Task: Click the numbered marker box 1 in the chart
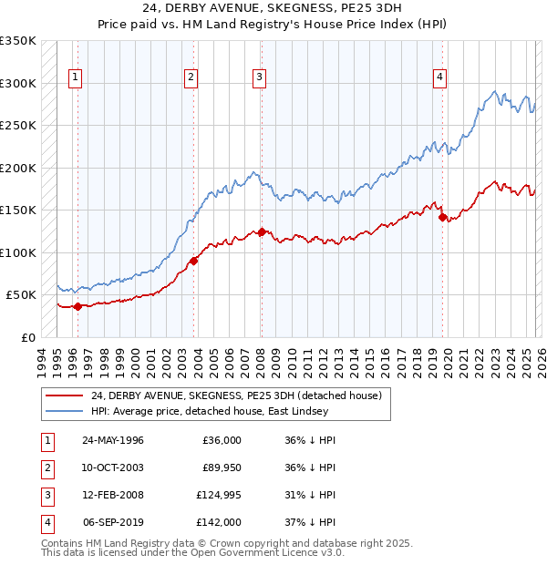pyautogui.click(x=74, y=77)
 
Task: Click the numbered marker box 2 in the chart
pyautogui.click(x=191, y=77)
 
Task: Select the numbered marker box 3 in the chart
pyautogui.click(x=260, y=77)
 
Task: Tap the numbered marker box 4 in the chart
pyautogui.click(x=439, y=77)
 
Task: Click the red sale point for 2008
pyautogui.click(x=262, y=231)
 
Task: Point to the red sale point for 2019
pyautogui.click(x=442, y=217)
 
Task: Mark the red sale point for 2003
pyautogui.click(x=194, y=262)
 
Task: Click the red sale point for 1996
pyautogui.click(x=78, y=306)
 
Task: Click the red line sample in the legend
pyautogui.click(x=65, y=395)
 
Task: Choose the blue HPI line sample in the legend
pyautogui.click(x=65, y=411)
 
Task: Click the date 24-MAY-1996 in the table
pyautogui.click(x=113, y=440)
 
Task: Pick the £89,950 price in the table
pyautogui.click(x=220, y=467)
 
